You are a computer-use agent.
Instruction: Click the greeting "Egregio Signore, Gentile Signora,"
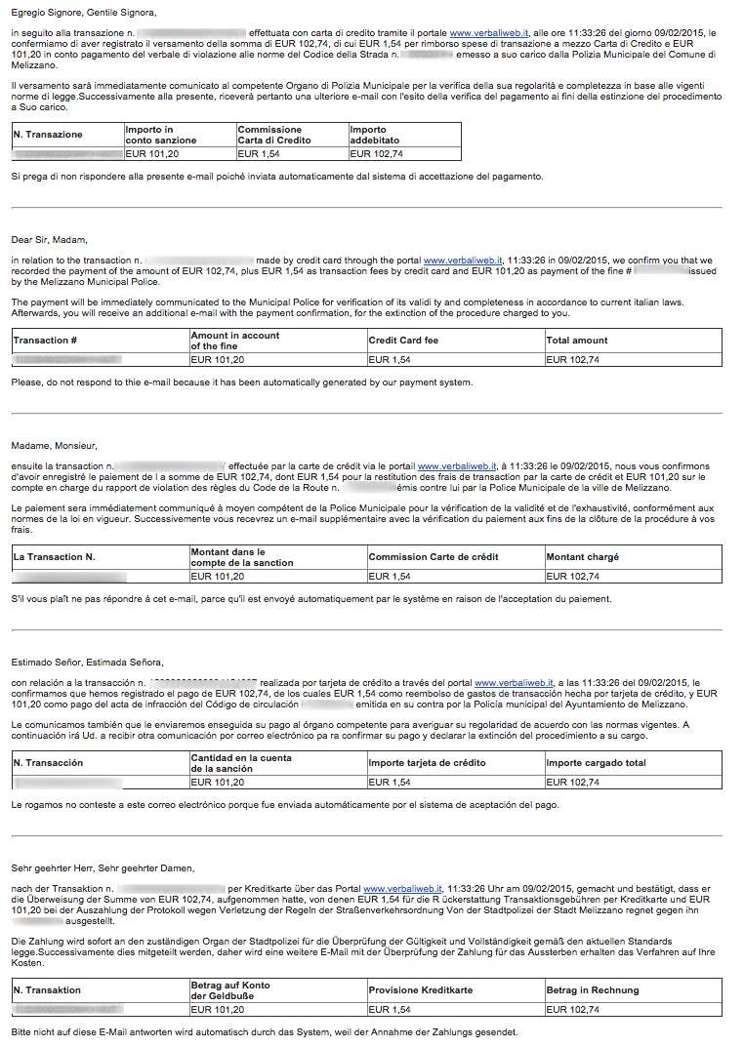coord(83,12)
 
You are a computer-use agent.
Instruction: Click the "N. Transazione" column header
coord(48,135)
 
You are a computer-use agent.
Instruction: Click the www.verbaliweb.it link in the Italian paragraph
coord(488,32)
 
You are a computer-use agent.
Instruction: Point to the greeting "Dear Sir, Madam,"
coord(50,239)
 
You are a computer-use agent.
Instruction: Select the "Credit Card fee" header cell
coord(404,341)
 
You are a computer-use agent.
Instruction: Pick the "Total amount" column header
coord(577,341)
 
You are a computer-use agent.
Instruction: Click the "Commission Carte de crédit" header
coord(433,557)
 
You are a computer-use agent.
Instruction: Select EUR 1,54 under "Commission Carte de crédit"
coord(390,577)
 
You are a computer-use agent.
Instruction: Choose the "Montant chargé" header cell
coord(582,557)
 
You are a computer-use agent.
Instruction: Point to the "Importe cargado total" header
coord(596,763)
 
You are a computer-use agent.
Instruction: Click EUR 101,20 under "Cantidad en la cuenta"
coord(218,783)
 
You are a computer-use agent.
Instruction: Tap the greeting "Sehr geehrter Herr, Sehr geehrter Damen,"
coord(103,867)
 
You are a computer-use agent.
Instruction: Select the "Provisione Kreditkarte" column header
coord(421,990)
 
